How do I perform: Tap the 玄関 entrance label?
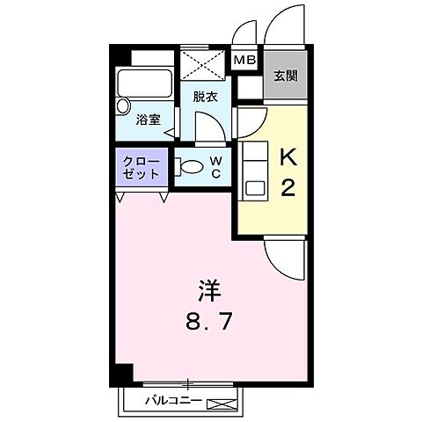tap(285, 76)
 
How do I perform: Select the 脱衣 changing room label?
tap(205, 97)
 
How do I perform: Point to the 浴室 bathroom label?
tap(148, 120)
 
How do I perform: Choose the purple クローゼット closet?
tap(141, 168)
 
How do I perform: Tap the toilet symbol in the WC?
tap(191, 164)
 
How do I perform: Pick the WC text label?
tap(215, 167)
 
